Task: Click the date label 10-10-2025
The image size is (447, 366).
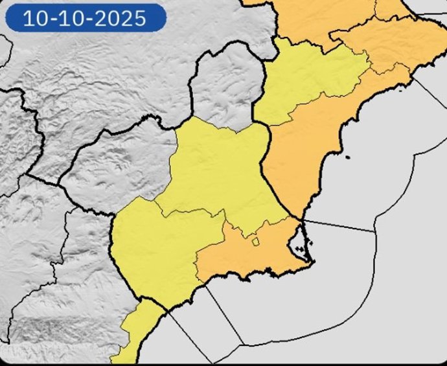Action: (x=85, y=17)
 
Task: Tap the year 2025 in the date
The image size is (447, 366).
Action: (x=123, y=17)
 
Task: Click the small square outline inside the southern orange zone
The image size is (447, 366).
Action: (x=255, y=242)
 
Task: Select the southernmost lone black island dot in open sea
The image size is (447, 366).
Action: (x=347, y=157)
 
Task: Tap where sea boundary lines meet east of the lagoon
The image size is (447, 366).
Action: (x=375, y=231)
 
